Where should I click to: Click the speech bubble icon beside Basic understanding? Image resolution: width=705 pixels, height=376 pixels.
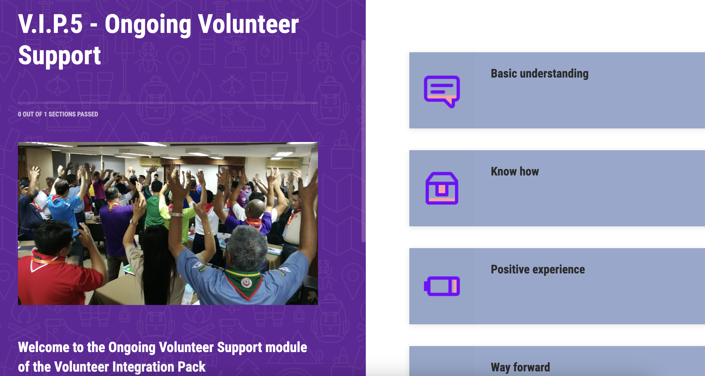[442, 91]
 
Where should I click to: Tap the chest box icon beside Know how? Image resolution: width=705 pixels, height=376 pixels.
[442, 188]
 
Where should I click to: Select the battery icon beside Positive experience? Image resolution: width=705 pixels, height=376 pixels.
[442, 286]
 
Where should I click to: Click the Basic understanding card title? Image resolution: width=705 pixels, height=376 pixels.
[539, 73]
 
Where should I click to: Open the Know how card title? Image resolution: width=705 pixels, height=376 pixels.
[514, 171]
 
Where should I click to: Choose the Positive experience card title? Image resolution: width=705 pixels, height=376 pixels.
[538, 269]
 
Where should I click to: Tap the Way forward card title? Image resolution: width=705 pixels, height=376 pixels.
[520, 367]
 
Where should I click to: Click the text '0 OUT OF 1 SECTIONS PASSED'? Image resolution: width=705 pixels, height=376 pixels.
[58, 114]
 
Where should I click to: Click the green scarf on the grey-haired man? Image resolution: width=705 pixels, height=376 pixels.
[244, 282]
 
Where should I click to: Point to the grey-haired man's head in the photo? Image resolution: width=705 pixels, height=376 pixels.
[247, 248]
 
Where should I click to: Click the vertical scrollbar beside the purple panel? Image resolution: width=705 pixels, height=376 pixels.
[363, 141]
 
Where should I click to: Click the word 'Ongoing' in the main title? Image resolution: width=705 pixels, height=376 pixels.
[148, 26]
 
